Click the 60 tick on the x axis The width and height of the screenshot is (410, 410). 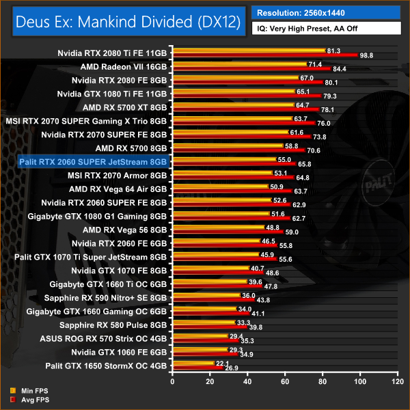[284, 381]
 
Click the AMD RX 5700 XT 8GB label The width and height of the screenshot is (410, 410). [124, 107]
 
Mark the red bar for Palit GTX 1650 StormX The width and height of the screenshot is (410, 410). [197, 368]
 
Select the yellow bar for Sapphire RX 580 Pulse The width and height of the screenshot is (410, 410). [203, 322]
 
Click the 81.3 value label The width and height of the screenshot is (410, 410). [335, 51]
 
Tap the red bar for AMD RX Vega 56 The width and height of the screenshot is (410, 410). [228, 232]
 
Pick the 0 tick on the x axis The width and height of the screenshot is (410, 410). [173, 381]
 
